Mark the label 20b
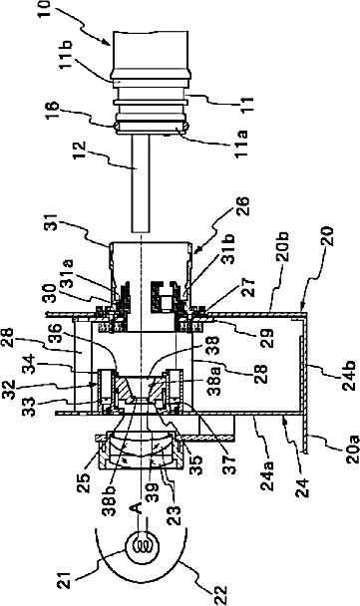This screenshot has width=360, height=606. (287, 247)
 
